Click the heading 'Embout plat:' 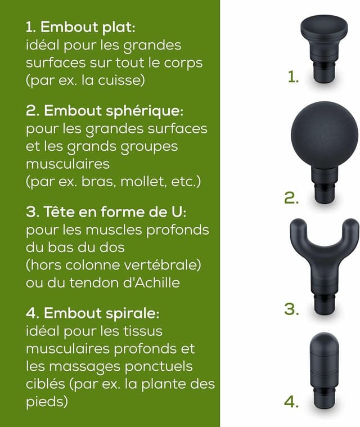[88, 28]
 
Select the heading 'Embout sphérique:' [114, 111]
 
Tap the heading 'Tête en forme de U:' [115, 212]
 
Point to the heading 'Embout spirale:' [102, 313]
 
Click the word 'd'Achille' [151, 282]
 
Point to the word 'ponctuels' [159, 367]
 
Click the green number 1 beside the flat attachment [293, 77]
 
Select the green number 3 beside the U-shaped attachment [291, 309]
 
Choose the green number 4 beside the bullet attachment [291, 402]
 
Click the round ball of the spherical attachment [325, 135]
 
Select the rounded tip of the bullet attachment [324, 340]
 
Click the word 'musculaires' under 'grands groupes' [68, 164]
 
